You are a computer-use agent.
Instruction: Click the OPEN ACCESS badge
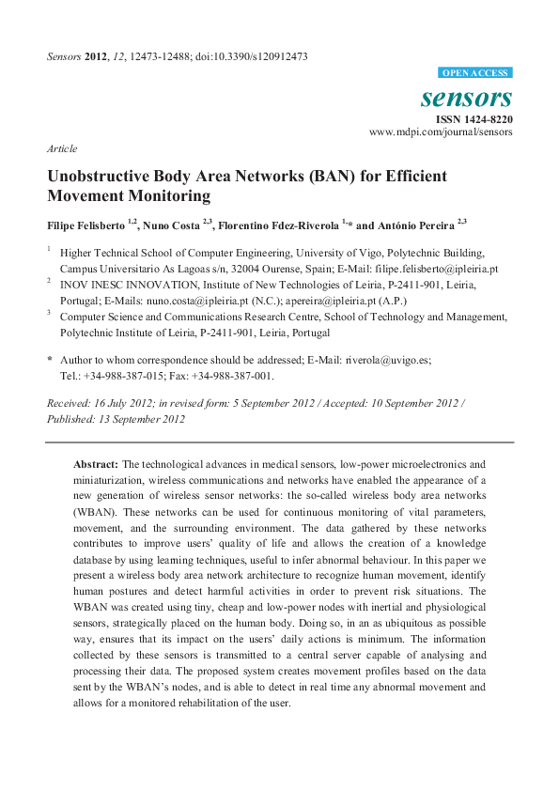(475, 73)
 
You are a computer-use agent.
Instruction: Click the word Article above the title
(61, 148)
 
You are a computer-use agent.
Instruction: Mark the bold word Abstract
(97, 464)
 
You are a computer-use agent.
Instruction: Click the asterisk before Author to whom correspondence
(50, 360)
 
